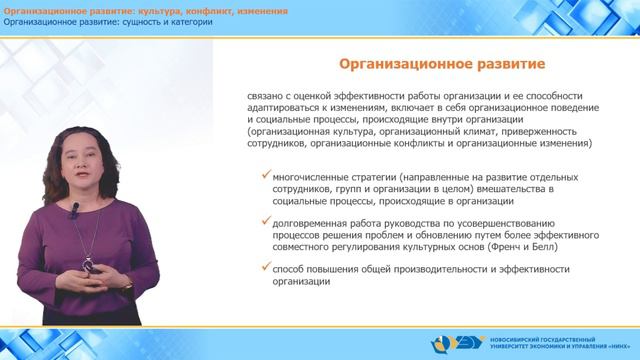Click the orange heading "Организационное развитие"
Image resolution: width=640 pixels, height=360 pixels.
[442, 65]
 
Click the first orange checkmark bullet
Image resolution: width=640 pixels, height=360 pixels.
[263, 174]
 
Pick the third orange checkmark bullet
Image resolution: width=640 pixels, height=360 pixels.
[263, 266]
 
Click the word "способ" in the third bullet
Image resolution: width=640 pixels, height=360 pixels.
[290, 268]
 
